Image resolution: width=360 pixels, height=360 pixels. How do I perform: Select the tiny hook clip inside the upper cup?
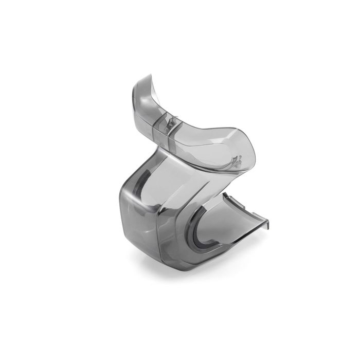pyautogui.click(x=236, y=158)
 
